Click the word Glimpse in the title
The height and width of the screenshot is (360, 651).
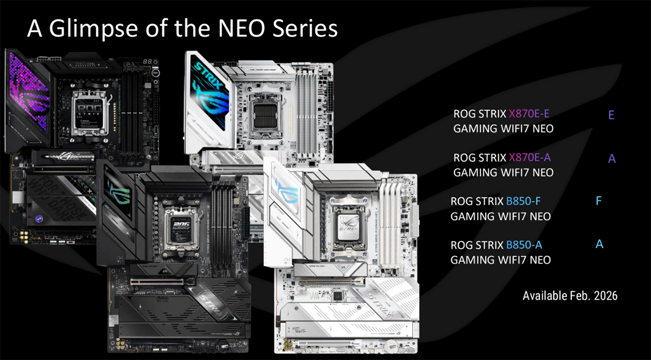[93, 29]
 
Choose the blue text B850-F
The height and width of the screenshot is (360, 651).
[523, 201]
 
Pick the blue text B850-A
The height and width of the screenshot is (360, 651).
[524, 245]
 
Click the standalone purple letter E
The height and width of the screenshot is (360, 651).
[611, 115]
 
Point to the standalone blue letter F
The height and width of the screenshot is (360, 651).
[599, 201]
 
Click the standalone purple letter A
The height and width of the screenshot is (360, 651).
[612, 159]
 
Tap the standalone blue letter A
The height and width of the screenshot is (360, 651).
[599, 244]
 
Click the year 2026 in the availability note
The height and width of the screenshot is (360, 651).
[606, 296]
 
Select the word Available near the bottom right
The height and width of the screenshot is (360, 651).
[545, 296]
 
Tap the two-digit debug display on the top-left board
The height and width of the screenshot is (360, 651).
[147, 62]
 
